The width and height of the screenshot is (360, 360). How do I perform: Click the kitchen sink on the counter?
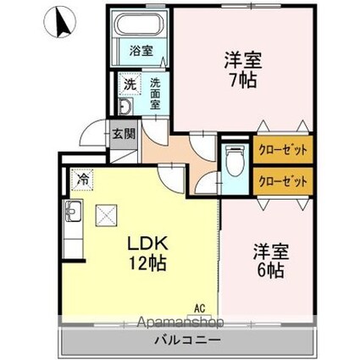70,212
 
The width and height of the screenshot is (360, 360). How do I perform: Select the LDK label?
148,241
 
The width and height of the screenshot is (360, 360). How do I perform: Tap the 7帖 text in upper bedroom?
241,80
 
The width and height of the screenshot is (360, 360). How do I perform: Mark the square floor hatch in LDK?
108,218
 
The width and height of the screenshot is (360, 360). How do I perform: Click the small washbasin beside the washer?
125,106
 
